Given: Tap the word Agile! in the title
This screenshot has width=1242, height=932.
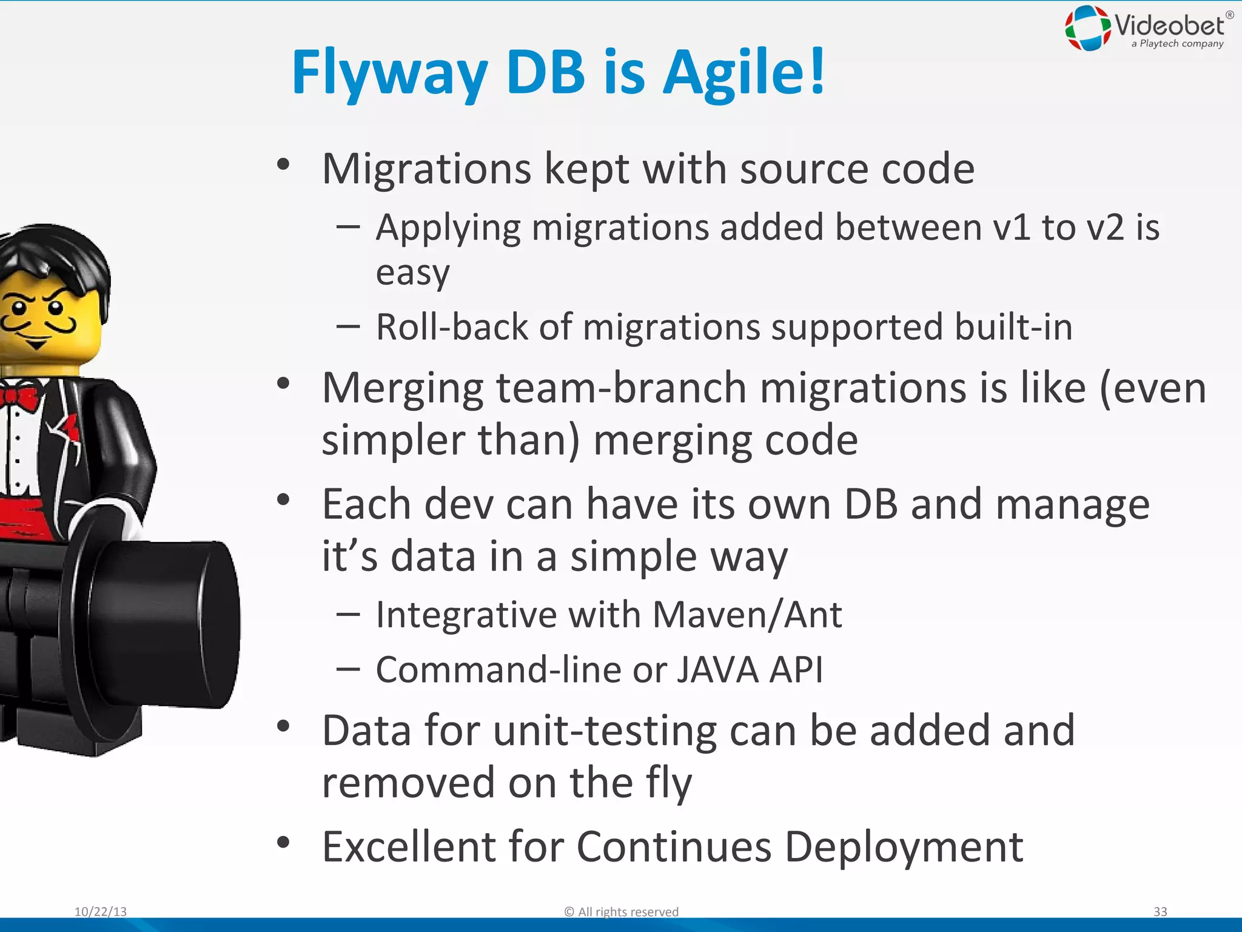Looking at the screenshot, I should (x=744, y=73).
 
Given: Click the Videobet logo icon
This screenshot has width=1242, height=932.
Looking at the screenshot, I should (x=1088, y=27).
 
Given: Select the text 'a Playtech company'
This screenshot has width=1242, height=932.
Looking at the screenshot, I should (x=1177, y=44).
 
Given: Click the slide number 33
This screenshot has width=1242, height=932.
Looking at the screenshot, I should (x=1160, y=911).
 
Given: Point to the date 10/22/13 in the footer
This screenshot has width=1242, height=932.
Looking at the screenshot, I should (x=101, y=911).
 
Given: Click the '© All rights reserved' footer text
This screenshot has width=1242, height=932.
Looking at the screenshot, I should (x=621, y=911).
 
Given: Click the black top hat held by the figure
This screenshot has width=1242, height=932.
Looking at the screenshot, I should (x=158, y=625).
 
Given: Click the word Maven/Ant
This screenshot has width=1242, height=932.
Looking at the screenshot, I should (x=747, y=615).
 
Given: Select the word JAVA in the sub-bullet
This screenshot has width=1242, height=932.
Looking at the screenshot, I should (x=717, y=670).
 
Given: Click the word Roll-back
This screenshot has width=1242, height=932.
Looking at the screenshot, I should (x=452, y=327).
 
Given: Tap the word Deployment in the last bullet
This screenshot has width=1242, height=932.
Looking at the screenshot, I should (x=904, y=846).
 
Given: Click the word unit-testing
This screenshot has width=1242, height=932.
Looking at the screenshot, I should (x=605, y=730).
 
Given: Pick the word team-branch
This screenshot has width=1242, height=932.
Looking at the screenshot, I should (x=622, y=388).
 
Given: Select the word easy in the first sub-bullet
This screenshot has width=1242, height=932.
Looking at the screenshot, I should (x=412, y=272).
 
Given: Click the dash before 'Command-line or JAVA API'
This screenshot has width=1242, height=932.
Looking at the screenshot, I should (x=348, y=669).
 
